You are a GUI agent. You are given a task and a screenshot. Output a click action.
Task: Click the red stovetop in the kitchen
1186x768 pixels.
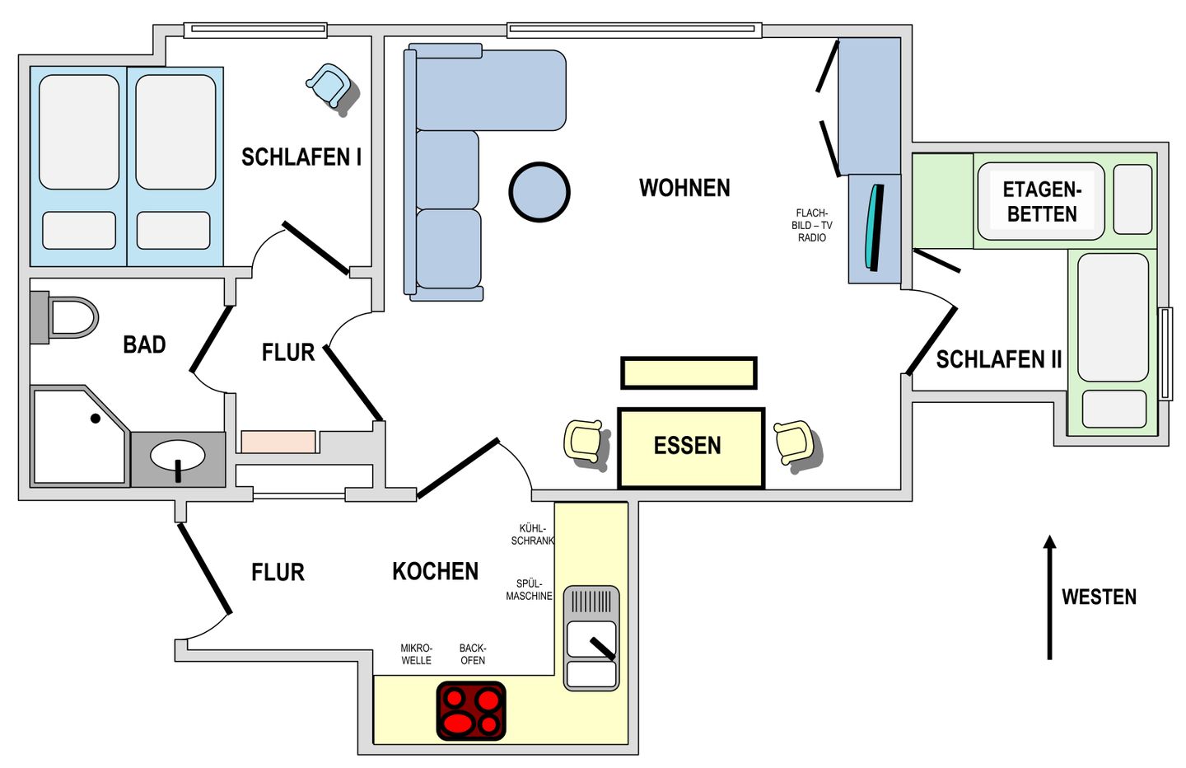(471, 711)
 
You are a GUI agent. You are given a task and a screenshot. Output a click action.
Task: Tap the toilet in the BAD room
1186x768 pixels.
(64, 317)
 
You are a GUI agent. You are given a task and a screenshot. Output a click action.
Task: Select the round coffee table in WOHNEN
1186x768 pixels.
(539, 192)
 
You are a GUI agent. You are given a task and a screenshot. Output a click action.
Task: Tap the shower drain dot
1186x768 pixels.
(96, 419)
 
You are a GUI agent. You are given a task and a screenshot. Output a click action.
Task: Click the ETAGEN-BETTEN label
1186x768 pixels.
(1041, 202)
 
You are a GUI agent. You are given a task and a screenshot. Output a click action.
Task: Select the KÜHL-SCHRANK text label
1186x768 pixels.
(532, 535)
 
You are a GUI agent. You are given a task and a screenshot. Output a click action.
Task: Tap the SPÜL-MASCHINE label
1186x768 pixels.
(529, 589)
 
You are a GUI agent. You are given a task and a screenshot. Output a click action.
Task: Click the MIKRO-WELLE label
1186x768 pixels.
(416, 654)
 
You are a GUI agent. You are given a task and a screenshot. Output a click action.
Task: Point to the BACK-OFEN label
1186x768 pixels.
(473, 654)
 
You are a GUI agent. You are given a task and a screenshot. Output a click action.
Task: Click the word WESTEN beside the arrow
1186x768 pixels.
(1099, 597)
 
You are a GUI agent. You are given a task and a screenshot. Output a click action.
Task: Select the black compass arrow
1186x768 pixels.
(1049, 597)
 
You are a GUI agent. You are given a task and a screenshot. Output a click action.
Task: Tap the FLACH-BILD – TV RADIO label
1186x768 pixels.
(812, 225)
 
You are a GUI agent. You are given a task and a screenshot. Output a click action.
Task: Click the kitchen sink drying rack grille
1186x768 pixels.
(591, 602)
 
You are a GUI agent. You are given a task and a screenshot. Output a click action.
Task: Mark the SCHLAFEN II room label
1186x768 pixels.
(998, 359)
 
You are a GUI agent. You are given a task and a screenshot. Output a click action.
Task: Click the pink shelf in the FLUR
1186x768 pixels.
(278, 441)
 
